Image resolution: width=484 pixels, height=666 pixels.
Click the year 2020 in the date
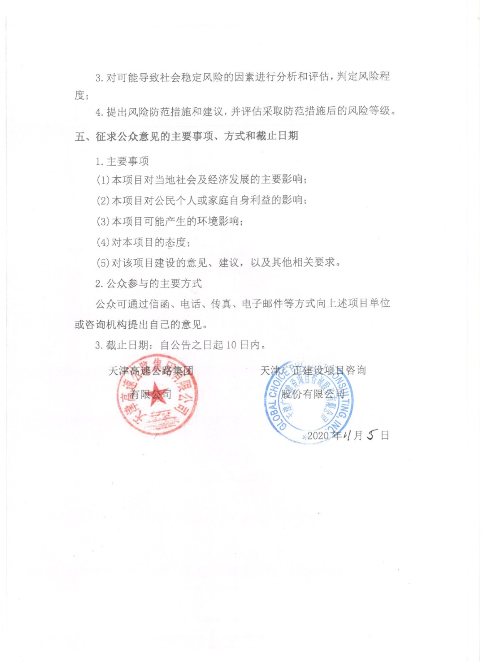[x=318, y=435]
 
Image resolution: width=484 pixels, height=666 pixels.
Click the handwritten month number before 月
[x=347, y=435]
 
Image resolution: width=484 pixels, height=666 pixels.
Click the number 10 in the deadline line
[x=231, y=345]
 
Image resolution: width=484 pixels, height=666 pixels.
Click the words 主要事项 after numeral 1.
[x=128, y=162]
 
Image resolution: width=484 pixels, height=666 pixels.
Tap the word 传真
[x=221, y=304]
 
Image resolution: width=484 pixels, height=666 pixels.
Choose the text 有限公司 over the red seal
[x=151, y=394]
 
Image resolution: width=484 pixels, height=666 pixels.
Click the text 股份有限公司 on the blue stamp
[x=313, y=393]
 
